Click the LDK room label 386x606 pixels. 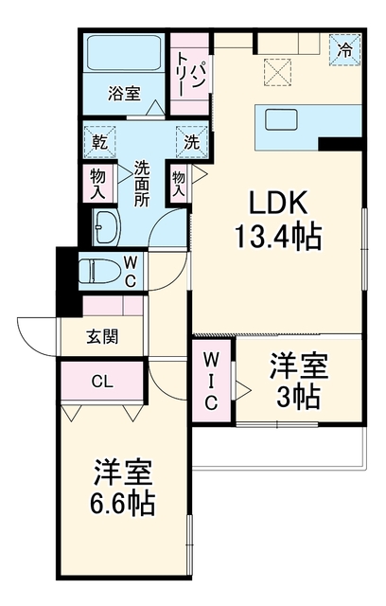278,203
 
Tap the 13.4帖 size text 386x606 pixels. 277,236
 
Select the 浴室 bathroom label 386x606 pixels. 124,94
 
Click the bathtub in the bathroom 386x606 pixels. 124,53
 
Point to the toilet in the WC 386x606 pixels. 99,271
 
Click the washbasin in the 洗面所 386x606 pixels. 107,227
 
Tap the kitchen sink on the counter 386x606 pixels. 281,119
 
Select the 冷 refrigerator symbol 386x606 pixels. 344,50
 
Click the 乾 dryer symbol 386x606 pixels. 99,142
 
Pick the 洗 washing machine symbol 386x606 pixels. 191,142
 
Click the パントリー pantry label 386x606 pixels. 190,75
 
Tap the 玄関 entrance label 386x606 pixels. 102,337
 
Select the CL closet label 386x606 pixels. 102,382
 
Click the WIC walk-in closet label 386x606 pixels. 211,382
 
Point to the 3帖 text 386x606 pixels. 298,397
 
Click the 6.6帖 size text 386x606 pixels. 122,503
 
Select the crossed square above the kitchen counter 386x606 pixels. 277,72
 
